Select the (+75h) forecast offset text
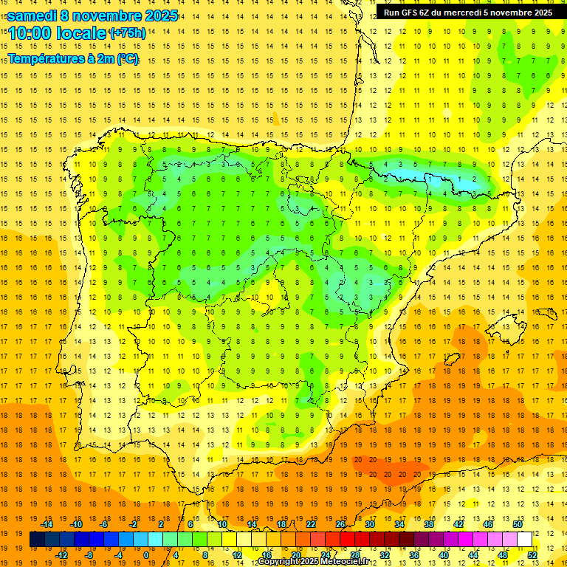[x=127, y=33]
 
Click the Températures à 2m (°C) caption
[x=73, y=58]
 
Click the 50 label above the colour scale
[x=517, y=524]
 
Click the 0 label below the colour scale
[x=146, y=554]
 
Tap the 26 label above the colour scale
[x=340, y=524]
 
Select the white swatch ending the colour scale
[x=525, y=539]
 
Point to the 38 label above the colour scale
[x=429, y=524]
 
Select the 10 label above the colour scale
[x=222, y=524]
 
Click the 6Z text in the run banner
[x=429, y=13]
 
